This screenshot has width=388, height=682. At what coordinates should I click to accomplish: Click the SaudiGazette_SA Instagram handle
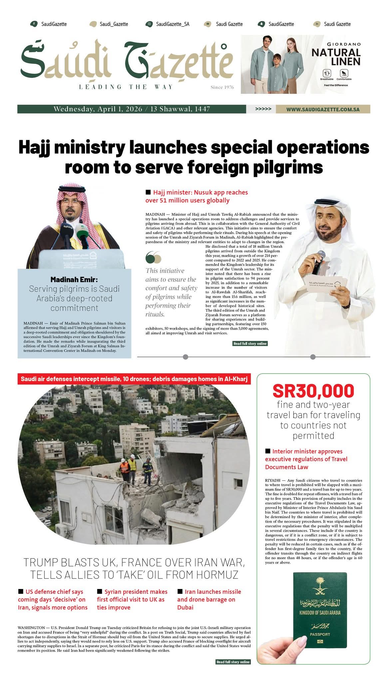point(173,24)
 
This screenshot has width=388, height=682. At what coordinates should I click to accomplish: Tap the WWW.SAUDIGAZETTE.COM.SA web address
point(323,109)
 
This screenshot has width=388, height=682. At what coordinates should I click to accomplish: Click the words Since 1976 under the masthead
point(222,87)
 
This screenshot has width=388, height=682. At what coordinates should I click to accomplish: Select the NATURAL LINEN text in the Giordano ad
point(336,57)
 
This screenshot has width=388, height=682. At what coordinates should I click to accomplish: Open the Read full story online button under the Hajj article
point(250,343)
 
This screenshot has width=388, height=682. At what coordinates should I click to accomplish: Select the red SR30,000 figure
point(313,391)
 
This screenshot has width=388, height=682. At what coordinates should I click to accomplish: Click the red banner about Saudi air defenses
point(134,379)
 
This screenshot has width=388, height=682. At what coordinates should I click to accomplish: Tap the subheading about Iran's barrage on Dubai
point(209,599)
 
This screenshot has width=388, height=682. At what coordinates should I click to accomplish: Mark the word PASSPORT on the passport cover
point(320,634)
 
